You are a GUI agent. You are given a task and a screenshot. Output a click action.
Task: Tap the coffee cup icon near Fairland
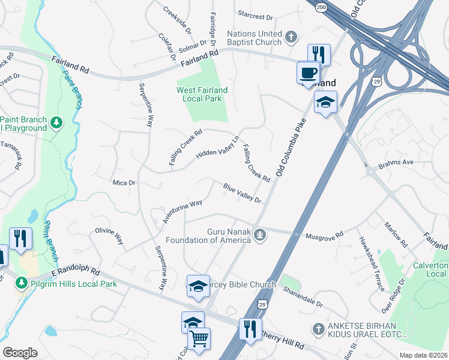[x=308, y=73]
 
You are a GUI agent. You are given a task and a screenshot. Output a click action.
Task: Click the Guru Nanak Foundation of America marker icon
[x=259, y=234]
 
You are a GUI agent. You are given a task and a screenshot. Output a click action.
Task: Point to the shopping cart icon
[x=199, y=339]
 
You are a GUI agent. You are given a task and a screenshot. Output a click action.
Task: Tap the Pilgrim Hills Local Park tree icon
[x=22, y=282]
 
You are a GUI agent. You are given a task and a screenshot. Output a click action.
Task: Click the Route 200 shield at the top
[x=320, y=5]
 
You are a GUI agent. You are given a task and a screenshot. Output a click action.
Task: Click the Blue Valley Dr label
[x=243, y=194]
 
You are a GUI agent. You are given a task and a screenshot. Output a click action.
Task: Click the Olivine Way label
[x=109, y=235]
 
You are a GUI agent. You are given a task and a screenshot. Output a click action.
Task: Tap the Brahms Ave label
[x=397, y=163]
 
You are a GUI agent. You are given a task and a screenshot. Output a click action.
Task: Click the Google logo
[x=20, y=353]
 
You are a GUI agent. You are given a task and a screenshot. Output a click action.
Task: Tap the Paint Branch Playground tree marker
[x=56, y=123]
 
